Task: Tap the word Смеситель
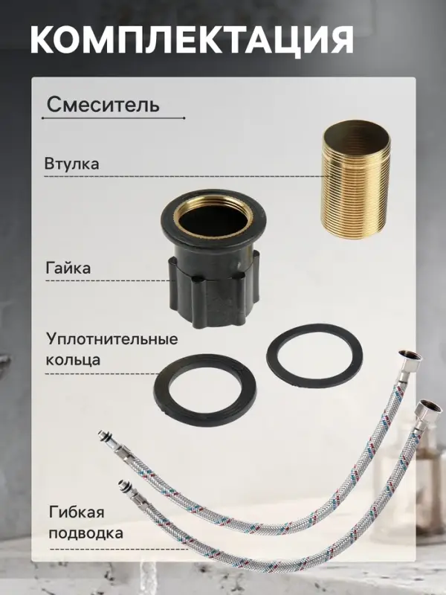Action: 103,104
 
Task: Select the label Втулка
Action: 71,164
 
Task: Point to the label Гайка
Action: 68,268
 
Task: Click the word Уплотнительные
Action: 111,340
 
